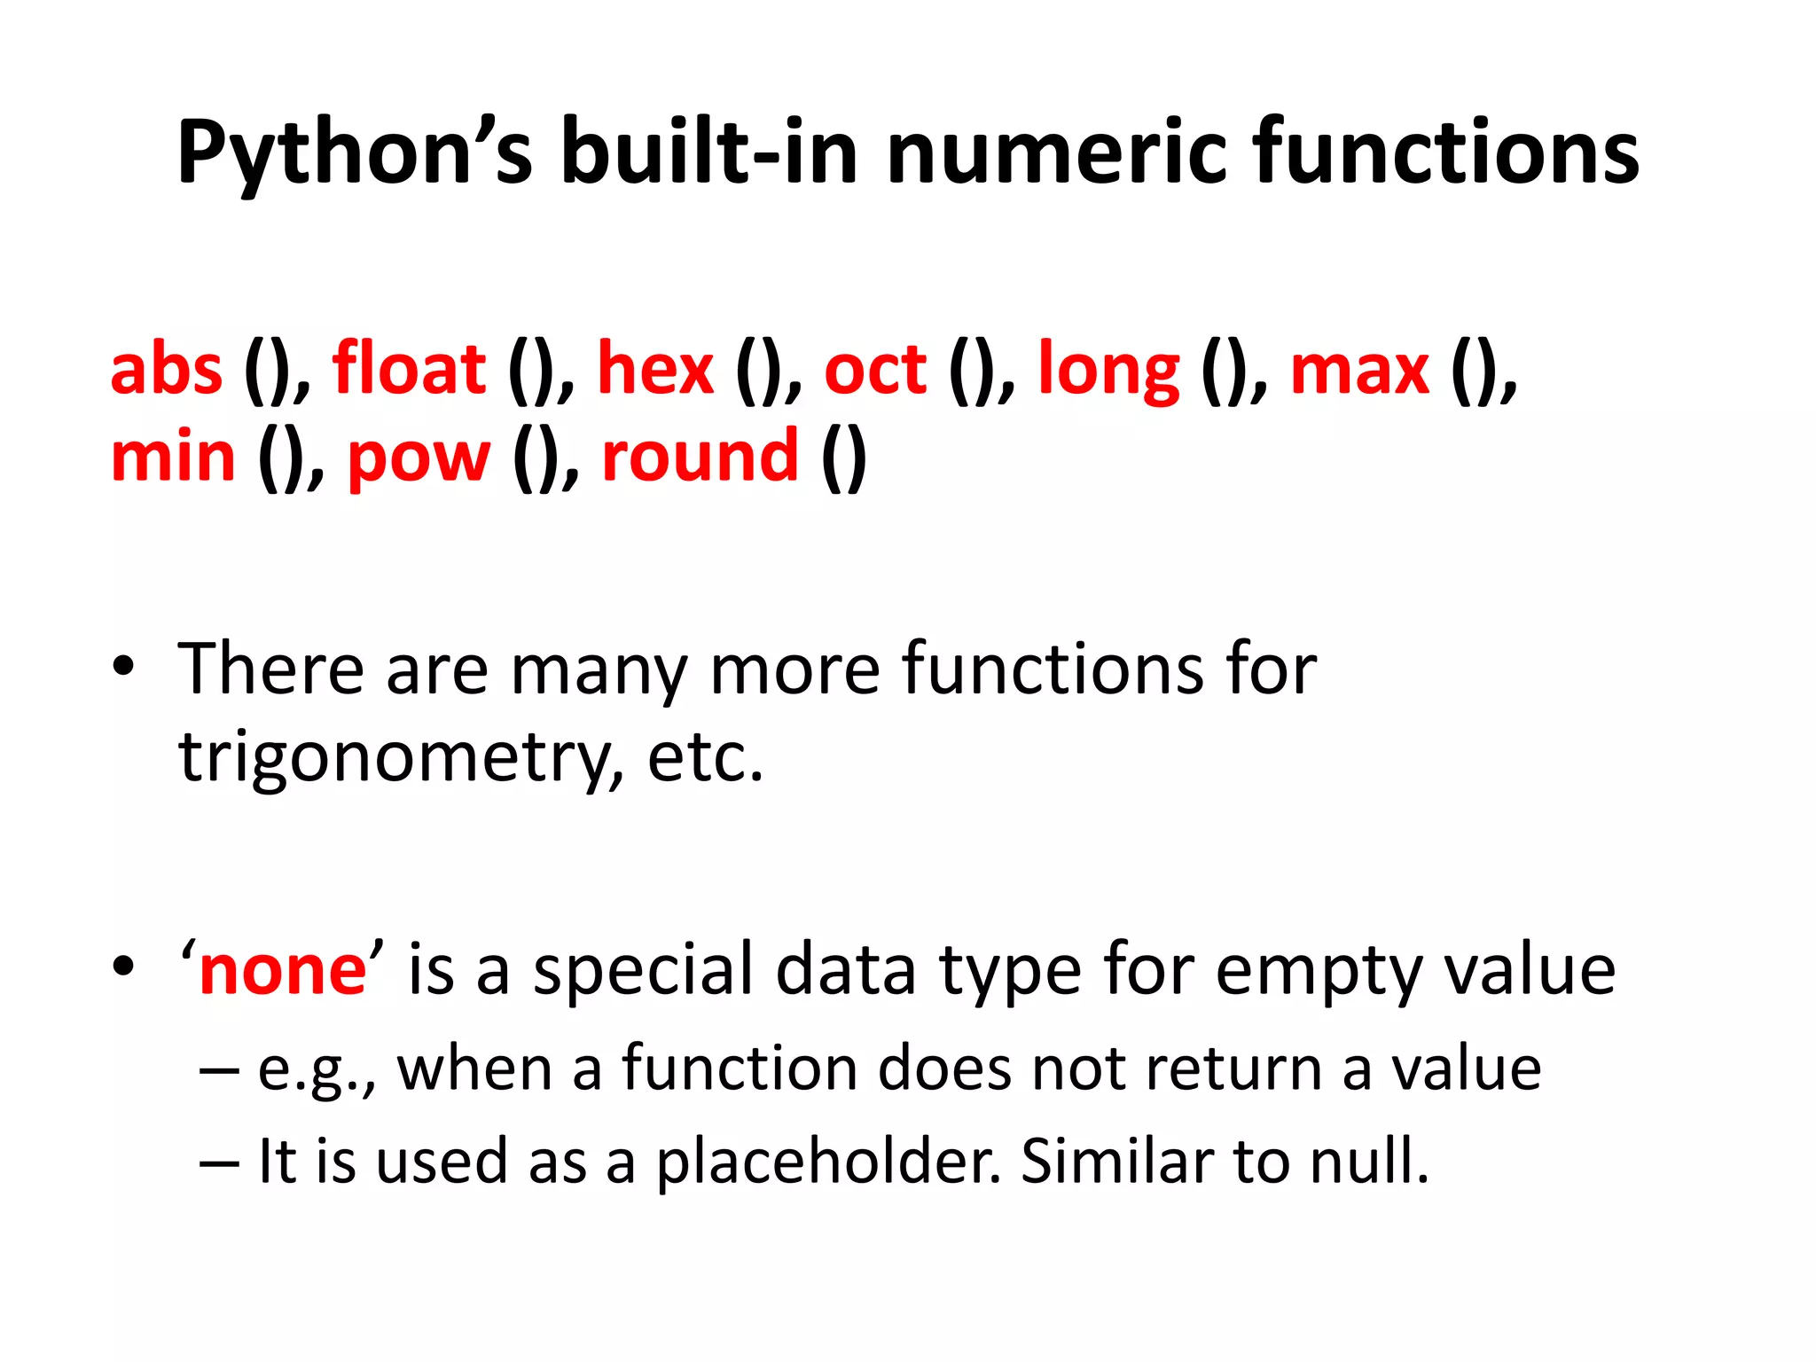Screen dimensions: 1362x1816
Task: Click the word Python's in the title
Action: coord(355,153)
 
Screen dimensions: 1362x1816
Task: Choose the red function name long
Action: coord(1108,371)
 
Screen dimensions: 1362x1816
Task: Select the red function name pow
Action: coord(419,459)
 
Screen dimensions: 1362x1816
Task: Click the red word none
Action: coord(283,970)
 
